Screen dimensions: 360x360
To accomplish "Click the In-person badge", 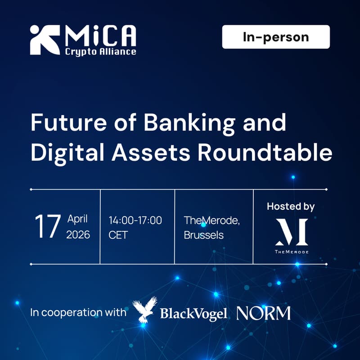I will point(276,37).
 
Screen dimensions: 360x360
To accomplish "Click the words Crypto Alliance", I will point(100,51).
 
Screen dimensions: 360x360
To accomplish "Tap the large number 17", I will point(48,227).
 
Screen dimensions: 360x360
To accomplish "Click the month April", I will point(78,220).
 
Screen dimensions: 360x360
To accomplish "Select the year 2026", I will point(78,234).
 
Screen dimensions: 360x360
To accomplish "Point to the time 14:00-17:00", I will point(135,220).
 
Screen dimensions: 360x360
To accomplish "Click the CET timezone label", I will point(118,234).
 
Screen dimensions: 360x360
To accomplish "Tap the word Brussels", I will point(204,234).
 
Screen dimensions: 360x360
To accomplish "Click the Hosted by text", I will point(291,207).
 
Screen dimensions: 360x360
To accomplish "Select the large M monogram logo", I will point(292,232).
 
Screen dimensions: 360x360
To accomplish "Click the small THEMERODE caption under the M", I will point(292,252).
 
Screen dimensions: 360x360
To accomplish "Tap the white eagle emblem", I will point(144,310).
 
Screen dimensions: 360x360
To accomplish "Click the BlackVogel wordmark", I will point(193,313).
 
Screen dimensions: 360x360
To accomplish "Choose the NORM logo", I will point(264,313).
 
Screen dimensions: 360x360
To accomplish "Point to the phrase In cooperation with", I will point(78,313).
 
